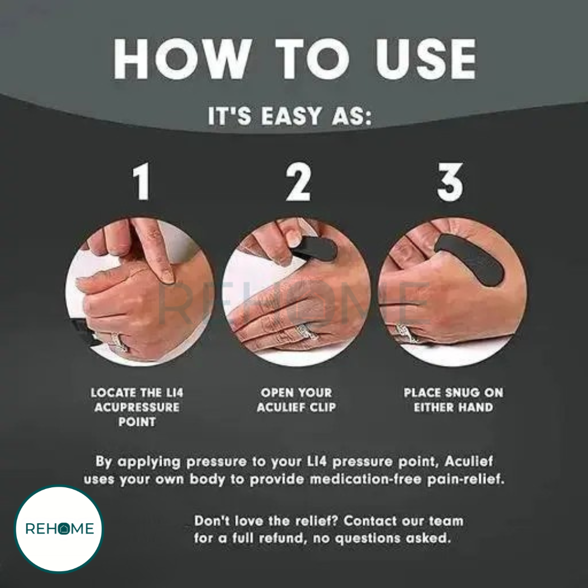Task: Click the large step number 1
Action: [142, 181]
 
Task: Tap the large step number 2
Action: [298, 181]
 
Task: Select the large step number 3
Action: [450, 182]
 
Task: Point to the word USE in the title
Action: [426, 59]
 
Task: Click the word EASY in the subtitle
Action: [291, 116]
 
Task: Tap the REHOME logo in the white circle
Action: [59, 529]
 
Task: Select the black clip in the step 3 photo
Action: [470, 259]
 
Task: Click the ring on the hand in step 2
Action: [304, 332]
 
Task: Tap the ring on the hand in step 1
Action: [119, 342]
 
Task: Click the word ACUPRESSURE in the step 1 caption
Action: [137, 407]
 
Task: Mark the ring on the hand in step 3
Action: [407, 334]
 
